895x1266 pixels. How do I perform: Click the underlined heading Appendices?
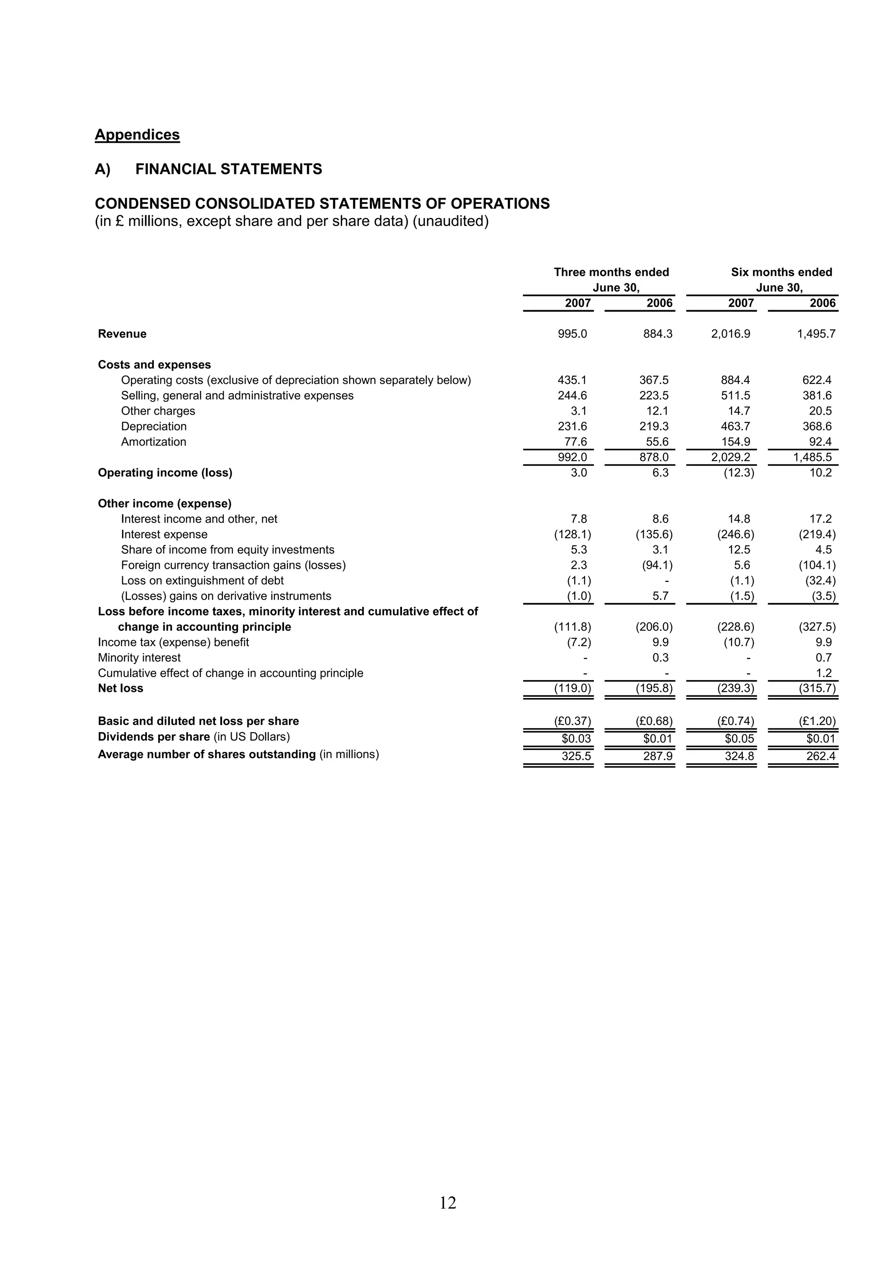(x=137, y=135)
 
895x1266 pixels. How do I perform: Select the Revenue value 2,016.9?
(x=731, y=334)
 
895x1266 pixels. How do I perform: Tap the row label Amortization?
(x=153, y=442)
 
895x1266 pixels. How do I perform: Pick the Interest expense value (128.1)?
(x=572, y=534)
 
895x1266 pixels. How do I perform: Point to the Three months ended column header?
(x=611, y=273)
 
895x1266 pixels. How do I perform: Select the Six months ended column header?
(x=781, y=273)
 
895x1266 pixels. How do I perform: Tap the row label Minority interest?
(x=139, y=658)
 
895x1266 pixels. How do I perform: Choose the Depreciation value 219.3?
(x=654, y=426)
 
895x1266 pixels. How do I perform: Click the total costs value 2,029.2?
(x=731, y=457)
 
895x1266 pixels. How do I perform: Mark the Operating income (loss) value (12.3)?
(x=739, y=473)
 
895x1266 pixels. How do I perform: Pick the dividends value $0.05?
(x=739, y=738)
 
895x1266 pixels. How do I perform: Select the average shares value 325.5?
(x=576, y=756)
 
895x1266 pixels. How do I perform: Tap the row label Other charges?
(x=158, y=411)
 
